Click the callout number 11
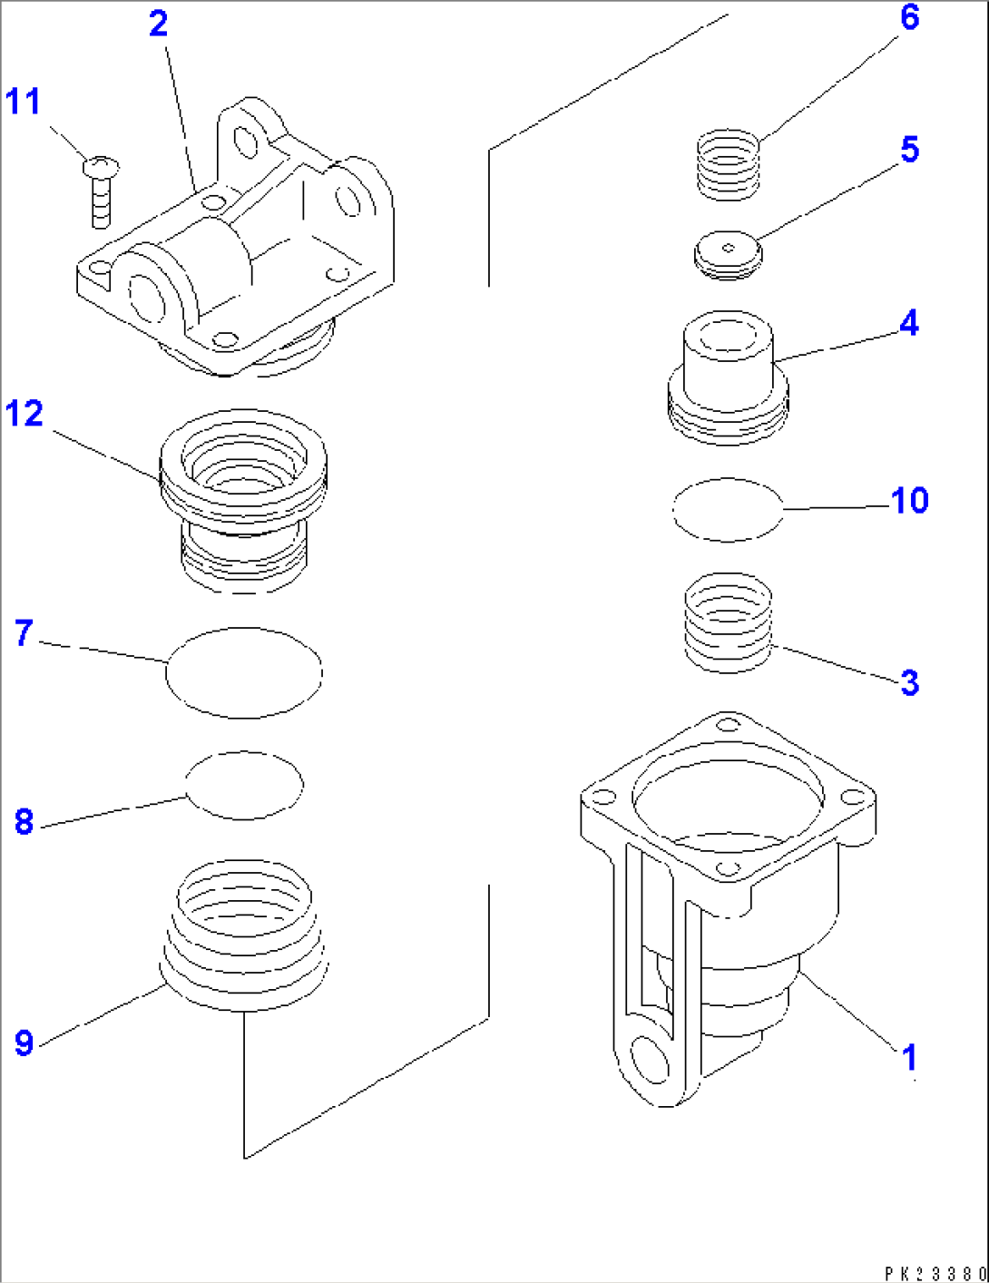click(24, 101)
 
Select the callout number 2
click(159, 24)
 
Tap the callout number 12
click(24, 414)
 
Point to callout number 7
click(24, 632)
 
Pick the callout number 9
click(24, 1043)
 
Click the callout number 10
click(909, 500)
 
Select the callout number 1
click(909, 1057)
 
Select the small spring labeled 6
click(728, 165)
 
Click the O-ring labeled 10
click(728, 510)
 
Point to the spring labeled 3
click(728, 622)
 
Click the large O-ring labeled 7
click(244, 672)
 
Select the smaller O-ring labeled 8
click(244, 785)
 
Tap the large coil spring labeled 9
click(243, 935)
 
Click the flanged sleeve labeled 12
click(242, 499)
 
